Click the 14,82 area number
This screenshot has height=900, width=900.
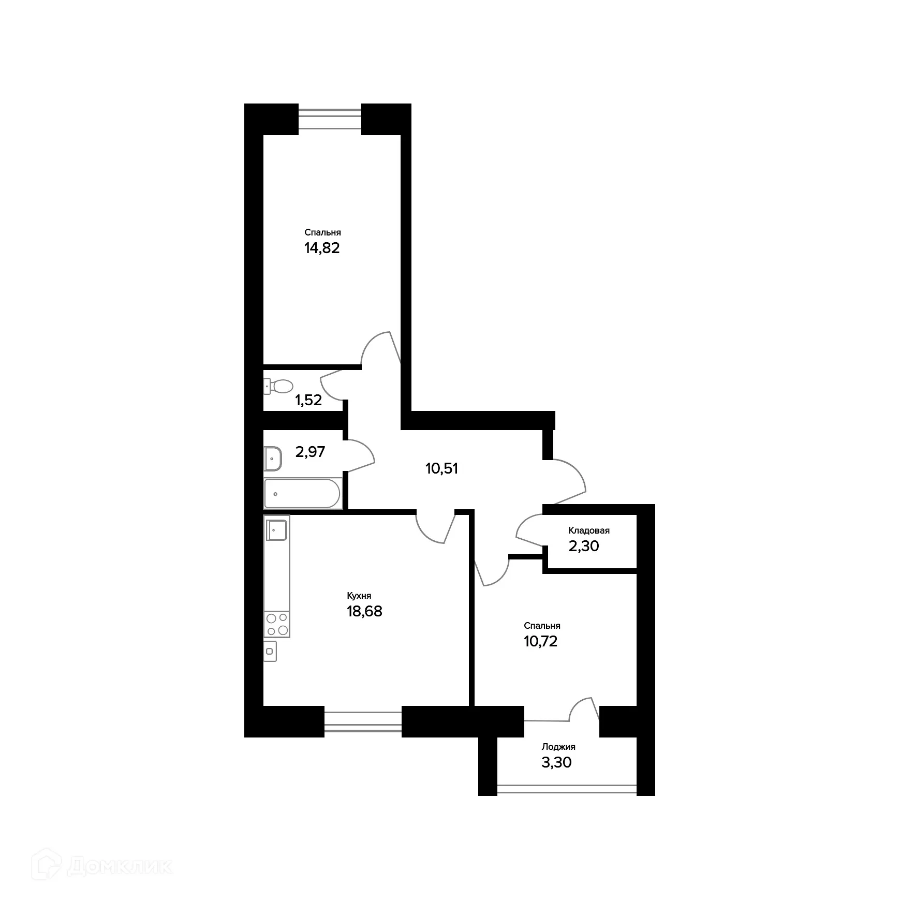tap(322, 248)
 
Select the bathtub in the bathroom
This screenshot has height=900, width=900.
tap(302, 494)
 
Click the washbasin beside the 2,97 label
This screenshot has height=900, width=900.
tap(272, 459)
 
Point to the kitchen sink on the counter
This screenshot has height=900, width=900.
tap(276, 530)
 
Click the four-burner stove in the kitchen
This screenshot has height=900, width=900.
tap(276, 624)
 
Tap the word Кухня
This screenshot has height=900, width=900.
tap(359, 596)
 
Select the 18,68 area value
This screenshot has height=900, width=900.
tap(364, 611)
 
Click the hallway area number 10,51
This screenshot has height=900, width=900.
tap(441, 469)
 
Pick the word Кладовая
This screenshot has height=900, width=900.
tap(589, 530)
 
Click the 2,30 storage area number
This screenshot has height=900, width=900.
tap(584, 546)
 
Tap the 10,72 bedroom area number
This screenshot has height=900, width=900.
tap(540, 641)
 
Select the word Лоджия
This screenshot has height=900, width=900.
tap(558, 747)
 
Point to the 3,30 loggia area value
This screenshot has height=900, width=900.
tap(556, 762)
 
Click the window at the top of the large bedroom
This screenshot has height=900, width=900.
tap(330, 119)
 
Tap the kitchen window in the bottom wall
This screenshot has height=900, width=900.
tap(363, 721)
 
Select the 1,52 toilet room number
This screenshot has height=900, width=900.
tap(308, 400)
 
